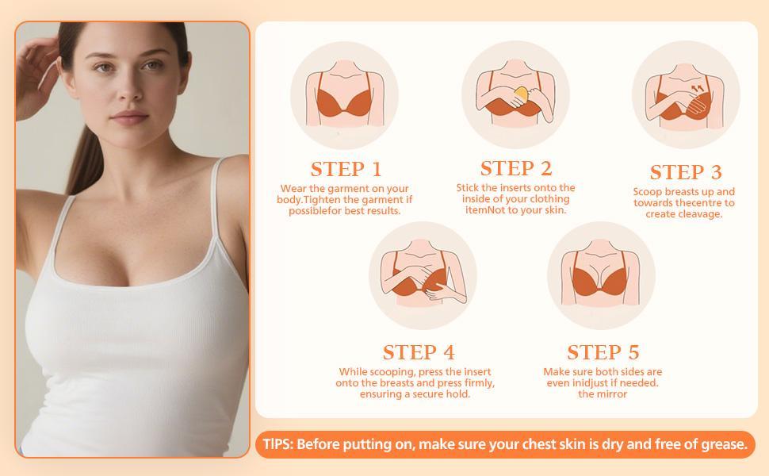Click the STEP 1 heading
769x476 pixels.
point(346,170)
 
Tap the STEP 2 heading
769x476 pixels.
point(515,169)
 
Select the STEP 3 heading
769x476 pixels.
point(686,173)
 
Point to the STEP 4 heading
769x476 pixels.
point(419,352)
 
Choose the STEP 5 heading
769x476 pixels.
point(603,352)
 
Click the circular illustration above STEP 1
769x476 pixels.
point(344,96)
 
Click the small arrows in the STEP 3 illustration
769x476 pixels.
point(698,88)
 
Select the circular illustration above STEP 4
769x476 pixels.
point(422,276)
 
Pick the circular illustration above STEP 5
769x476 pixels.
point(601,276)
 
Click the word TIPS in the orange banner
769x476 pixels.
point(277,444)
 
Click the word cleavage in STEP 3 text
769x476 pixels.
point(701,214)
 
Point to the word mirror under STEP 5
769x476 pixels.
point(613,394)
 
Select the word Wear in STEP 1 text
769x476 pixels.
point(293,189)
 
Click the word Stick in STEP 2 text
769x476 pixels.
point(469,188)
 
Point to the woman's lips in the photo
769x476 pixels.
point(130,119)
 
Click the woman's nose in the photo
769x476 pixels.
point(128,91)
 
